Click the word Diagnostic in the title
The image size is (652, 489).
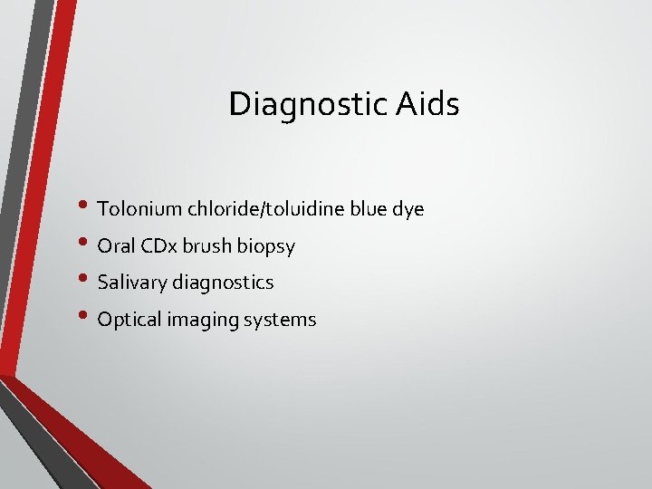click(309, 104)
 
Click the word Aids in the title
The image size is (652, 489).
click(427, 104)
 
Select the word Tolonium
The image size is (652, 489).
click(139, 209)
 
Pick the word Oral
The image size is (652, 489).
click(114, 246)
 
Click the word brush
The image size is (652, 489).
click(209, 246)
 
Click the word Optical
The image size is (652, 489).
click(128, 320)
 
